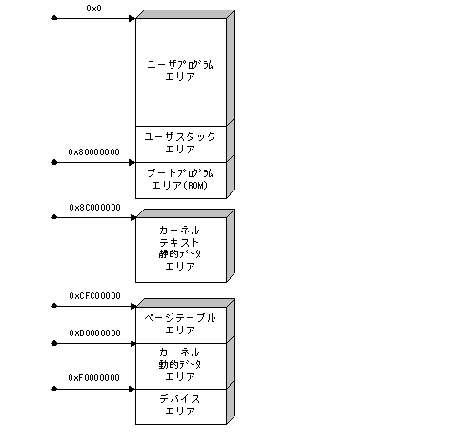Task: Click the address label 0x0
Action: click(93, 9)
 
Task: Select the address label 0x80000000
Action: click(93, 152)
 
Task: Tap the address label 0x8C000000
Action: click(94, 208)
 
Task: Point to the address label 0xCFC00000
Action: click(94, 296)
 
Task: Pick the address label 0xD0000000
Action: click(94, 333)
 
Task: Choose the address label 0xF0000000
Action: click(93, 378)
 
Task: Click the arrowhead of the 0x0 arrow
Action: click(132, 18)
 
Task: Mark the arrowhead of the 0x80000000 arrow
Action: click(132, 162)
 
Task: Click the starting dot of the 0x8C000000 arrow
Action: click(54, 217)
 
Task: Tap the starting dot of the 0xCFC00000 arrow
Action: click(54, 306)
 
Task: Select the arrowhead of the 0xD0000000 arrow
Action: click(132, 344)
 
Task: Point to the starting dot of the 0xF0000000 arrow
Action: click(54, 389)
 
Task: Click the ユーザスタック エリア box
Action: click(181, 144)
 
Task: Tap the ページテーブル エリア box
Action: click(181, 325)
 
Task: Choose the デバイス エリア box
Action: click(181, 407)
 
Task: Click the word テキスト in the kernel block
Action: click(179, 243)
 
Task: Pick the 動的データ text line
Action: click(180, 365)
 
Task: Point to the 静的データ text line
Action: click(180, 254)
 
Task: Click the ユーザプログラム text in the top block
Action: click(180, 65)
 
